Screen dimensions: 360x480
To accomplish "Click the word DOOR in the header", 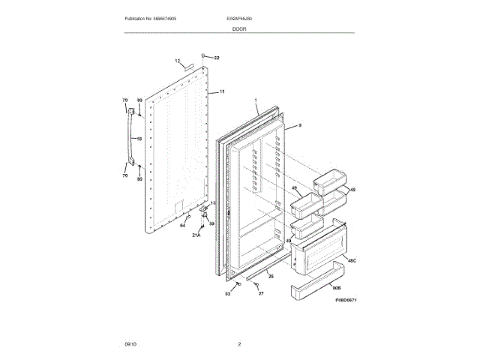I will (240, 28).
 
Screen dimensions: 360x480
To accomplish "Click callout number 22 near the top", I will (216, 58).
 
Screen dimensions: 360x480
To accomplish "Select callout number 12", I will (178, 61).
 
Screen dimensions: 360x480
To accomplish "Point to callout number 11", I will (222, 91).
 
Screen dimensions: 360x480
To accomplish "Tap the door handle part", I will (133, 138).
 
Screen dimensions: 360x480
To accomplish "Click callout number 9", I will (299, 126).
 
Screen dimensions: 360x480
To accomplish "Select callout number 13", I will (212, 203).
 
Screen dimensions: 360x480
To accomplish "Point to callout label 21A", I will (196, 235).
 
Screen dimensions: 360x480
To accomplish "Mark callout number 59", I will (211, 223).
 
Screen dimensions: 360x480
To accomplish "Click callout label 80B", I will (337, 287).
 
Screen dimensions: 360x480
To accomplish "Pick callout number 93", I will (227, 293).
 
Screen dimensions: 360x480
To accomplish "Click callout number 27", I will (261, 293).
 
